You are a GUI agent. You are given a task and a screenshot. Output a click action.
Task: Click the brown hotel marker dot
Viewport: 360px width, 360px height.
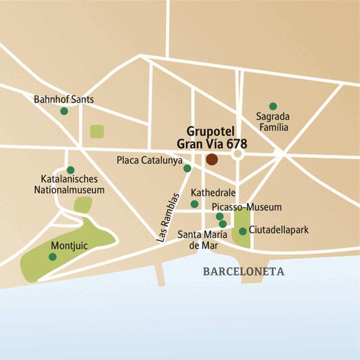click(211, 159)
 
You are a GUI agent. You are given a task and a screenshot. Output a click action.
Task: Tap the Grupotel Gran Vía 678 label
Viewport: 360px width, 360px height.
click(212, 137)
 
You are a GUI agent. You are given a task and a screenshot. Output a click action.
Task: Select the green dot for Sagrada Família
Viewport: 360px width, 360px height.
click(273, 106)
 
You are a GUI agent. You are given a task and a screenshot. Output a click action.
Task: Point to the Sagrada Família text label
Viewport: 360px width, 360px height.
click(272, 122)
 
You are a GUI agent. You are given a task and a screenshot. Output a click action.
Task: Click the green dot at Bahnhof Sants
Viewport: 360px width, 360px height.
click(64, 110)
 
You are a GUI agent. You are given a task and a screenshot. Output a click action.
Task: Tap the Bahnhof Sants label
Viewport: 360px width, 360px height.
click(64, 99)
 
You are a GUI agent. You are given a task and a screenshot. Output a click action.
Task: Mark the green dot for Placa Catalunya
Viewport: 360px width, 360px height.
click(187, 169)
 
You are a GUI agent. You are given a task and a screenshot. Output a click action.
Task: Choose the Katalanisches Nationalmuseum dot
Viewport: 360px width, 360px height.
click(71, 170)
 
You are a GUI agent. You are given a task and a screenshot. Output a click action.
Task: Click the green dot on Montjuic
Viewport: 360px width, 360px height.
click(53, 257)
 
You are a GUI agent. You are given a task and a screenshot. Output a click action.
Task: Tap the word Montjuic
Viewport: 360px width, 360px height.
click(70, 245)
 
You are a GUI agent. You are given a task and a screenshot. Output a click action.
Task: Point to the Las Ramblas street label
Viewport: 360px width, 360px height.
click(168, 217)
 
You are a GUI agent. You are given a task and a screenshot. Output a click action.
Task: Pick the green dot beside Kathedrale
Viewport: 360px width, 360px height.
click(194, 204)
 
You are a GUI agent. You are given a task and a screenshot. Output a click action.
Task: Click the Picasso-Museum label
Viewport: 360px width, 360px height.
click(247, 207)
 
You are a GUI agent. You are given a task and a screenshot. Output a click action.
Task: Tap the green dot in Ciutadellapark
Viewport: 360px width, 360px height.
click(242, 231)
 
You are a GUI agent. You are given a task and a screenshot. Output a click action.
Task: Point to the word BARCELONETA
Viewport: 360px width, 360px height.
click(244, 271)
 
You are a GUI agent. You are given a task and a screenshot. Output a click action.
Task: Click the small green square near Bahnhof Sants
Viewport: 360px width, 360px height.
click(97, 131)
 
